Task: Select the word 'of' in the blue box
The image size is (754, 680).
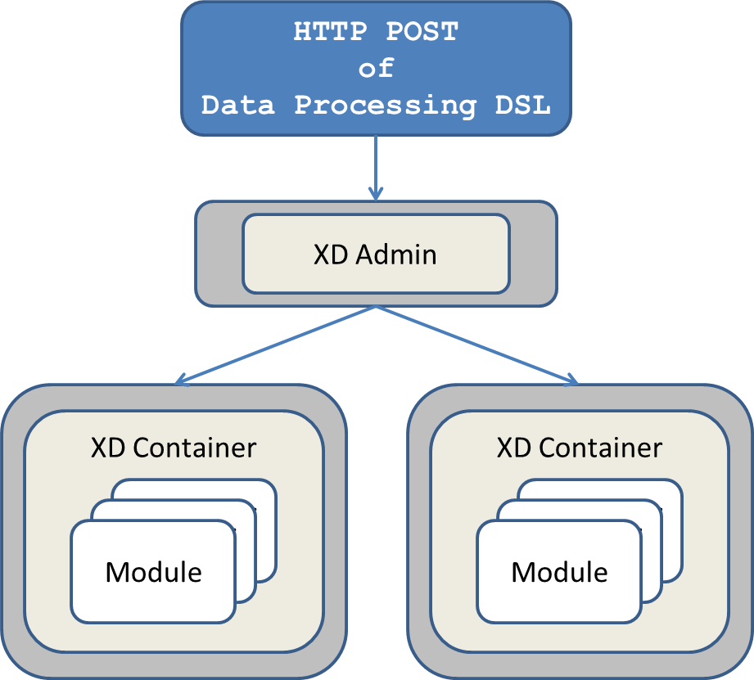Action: coord(376,68)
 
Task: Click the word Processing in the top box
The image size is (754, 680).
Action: coord(385,105)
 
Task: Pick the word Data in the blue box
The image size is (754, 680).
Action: coord(237,105)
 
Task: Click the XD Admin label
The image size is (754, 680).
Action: coord(375,254)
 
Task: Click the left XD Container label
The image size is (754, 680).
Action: coord(174,448)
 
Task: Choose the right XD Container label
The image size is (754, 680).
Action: coord(580,448)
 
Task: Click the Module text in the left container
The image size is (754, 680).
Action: coord(154,571)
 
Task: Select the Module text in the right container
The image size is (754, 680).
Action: coord(560,571)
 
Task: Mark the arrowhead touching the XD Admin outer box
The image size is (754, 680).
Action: coord(376,194)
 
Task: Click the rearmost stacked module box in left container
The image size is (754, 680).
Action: coord(266,491)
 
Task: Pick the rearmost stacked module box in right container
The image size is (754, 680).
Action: coord(672,491)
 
